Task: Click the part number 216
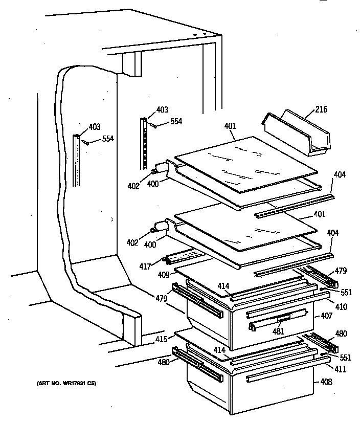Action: point(321,109)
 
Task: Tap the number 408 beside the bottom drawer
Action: point(326,382)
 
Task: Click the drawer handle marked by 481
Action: point(280,320)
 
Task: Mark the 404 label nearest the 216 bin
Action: point(340,174)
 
